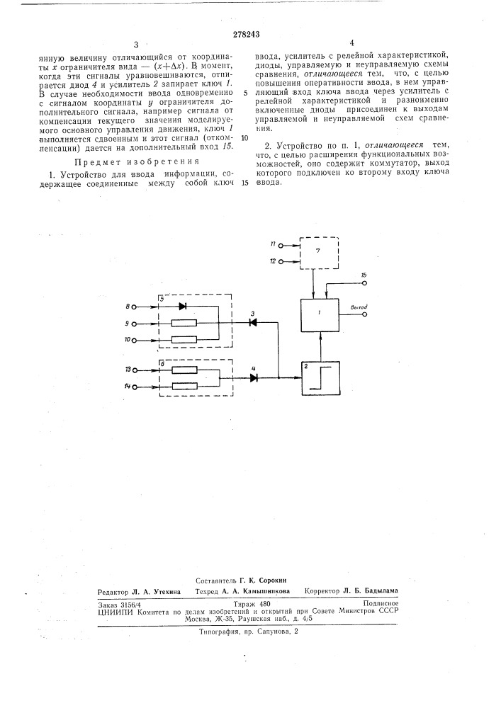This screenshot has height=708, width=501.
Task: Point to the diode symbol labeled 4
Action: [x=254, y=377]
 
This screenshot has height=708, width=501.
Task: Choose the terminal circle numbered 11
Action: [x=281, y=246]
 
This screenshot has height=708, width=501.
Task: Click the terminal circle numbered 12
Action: [x=281, y=262]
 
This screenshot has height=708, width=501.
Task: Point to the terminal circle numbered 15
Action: [x=364, y=283]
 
